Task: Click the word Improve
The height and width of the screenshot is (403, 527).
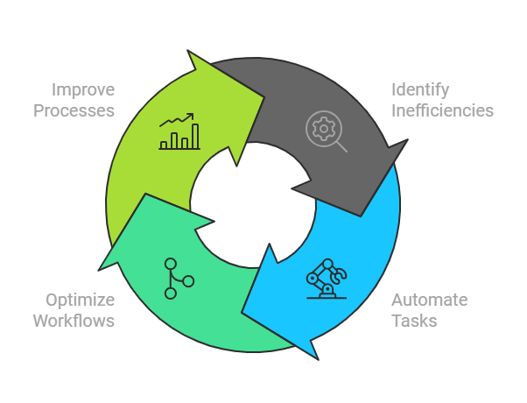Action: click(x=83, y=89)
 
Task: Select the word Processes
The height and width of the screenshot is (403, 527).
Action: click(x=81, y=110)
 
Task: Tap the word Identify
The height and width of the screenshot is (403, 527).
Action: click(x=421, y=89)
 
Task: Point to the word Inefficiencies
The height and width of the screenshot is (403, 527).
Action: click(x=442, y=110)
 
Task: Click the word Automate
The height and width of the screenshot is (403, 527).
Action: click(x=429, y=300)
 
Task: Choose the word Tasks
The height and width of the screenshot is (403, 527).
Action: click(x=414, y=321)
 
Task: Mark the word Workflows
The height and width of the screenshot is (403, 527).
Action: click(x=74, y=321)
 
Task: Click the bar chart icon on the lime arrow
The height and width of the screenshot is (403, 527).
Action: click(x=179, y=131)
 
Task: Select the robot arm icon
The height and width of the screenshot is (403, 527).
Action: click(x=326, y=278)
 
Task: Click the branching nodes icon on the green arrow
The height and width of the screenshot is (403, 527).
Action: click(x=178, y=278)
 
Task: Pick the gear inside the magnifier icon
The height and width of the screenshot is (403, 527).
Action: click(x=321, y=128)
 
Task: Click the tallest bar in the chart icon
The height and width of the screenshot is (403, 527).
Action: click(x=195, y=136)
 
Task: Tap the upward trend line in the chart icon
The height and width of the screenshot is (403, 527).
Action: click(x=178, y=120)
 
